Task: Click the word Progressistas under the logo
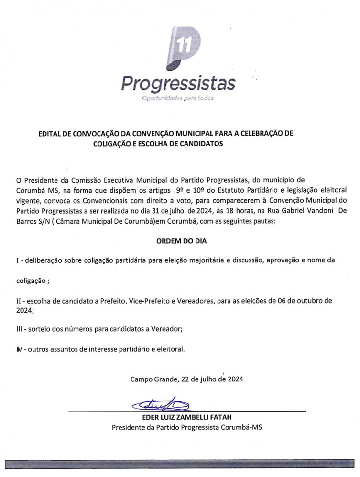(x=178, y=83)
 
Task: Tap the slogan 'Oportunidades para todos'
(x=177, y=98)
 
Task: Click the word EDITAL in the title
(x=50, y=134)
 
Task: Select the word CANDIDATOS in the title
(x=200, y=143)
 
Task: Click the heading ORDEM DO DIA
(x=181, y=241)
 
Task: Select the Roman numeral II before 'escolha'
(x=20, y=301)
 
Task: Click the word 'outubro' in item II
(x=306, y=301)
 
